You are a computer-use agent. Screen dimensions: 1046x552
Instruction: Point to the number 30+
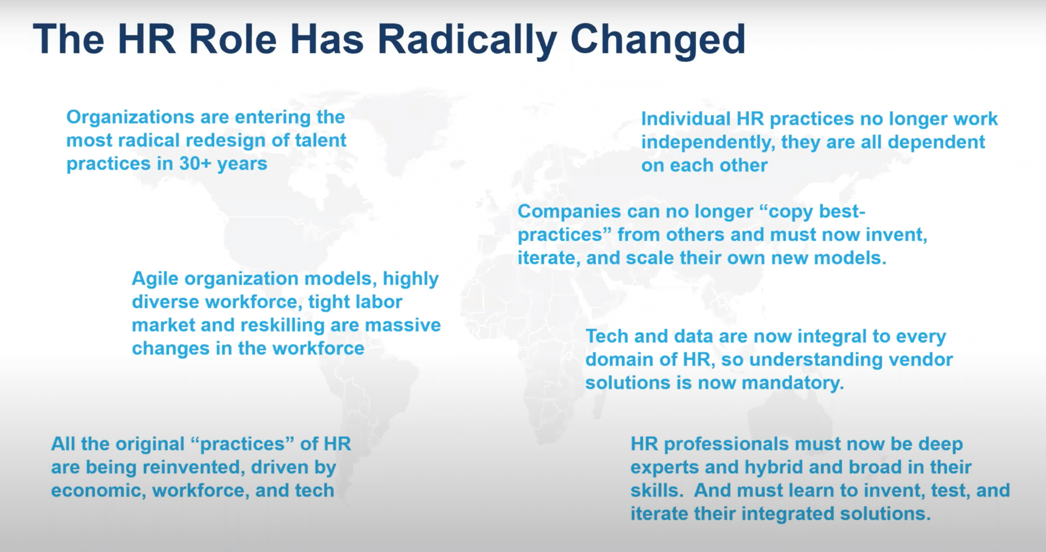pyautogui.click(x=195, y=163)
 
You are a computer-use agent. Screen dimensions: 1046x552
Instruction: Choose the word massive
pyautogui.click(x=403, y=325)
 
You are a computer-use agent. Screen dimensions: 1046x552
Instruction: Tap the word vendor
pyautogui.click(x=921, y=360)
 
